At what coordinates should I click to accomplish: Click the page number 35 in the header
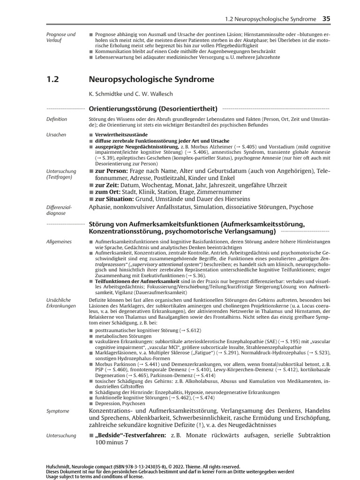click(x=326, y=19)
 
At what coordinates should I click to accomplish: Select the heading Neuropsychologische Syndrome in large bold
click(x=151, y=79)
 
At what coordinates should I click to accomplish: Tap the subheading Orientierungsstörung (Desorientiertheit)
click(x=153, y=109)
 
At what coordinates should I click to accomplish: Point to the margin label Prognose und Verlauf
click(x=61, y=37)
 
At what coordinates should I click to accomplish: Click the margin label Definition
click(x=57, y=120)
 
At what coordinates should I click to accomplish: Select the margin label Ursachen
click(x=56, y=135)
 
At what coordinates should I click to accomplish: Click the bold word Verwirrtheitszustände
click(x=118, y=135)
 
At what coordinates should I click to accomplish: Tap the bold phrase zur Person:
click(x=111, y=172)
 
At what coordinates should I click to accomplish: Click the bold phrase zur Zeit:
click(x=107, y=186)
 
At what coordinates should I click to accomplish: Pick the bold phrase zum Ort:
click(x=106, y=192)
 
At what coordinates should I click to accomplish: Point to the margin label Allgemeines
click(x=59, y=241)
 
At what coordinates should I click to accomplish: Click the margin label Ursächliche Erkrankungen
click(x=61, y=302)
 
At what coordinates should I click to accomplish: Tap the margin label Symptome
click(x=58, y=411)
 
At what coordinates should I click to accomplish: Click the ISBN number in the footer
click(x=126, y=467)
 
